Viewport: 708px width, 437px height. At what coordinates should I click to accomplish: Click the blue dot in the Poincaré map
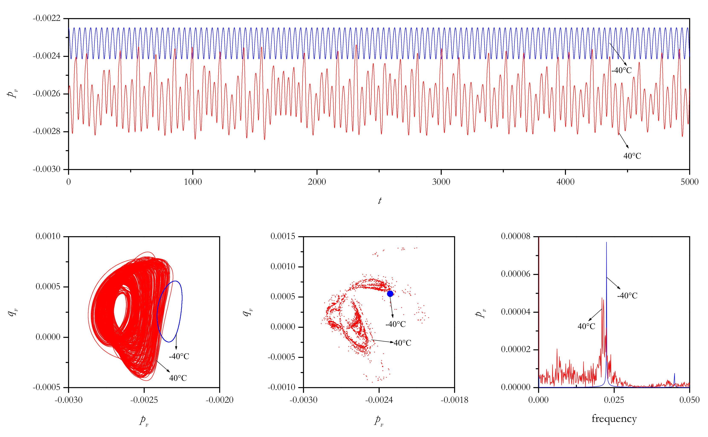[390, 294]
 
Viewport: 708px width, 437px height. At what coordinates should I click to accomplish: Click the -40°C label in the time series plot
[621, 70]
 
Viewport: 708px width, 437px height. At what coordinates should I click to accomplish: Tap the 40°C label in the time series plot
[632, 156]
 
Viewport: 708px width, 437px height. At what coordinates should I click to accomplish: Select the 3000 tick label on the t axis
[441, 182]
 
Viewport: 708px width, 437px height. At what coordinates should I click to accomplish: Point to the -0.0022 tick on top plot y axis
[46, 19]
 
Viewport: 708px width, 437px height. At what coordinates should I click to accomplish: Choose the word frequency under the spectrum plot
[614, 418]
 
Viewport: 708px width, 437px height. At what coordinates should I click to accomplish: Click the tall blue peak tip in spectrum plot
[607, 243]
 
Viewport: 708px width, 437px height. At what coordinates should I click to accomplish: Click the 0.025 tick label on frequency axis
[614, 400]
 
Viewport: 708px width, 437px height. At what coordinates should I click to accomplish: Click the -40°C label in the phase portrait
[179, 356]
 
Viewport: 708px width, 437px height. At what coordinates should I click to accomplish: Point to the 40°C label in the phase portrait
[178, 378]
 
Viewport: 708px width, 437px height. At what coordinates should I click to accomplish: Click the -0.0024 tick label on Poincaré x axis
[379, 400]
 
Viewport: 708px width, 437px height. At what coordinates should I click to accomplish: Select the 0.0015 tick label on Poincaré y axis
[283, 236]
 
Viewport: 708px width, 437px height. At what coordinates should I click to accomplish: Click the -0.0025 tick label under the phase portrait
[144, 400]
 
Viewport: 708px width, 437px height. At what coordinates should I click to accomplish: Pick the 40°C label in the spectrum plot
[586, 326]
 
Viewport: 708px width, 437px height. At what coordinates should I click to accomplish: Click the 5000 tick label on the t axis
[689, 182]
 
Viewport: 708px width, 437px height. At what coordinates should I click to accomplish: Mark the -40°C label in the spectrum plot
[627, 296]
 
